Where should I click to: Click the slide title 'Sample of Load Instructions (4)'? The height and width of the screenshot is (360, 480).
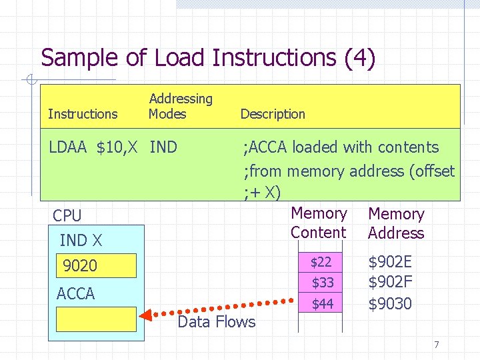pos(208,58)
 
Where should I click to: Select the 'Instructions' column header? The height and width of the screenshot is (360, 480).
pos(83,114)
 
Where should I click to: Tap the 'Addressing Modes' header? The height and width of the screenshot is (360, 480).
pos(180,107)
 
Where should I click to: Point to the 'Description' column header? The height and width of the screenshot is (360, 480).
pos(273,114)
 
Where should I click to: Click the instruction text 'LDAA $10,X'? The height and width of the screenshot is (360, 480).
pos(96,147)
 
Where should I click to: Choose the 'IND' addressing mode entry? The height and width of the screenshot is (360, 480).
pos(164,147)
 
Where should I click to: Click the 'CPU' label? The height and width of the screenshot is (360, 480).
pos(67,216)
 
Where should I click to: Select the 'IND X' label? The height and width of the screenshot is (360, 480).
pos(81,241)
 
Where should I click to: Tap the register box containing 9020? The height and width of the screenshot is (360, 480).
pos(96,266)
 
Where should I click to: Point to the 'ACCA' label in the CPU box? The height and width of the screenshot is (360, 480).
pos(76,293)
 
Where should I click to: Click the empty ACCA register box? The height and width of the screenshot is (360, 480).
pos(96,319)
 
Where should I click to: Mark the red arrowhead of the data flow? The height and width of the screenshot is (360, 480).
pos(146,313)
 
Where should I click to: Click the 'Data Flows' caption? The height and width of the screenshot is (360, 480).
pos(216,322)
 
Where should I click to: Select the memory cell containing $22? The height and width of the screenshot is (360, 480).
pos(321,262)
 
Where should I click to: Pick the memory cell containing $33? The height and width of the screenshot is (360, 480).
pos(321,283)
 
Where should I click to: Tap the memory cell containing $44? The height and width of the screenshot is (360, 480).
pos(321,304)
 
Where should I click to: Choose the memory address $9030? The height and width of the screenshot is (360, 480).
pos(390,304)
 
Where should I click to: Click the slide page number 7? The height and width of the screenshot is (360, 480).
pos(436,345)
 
